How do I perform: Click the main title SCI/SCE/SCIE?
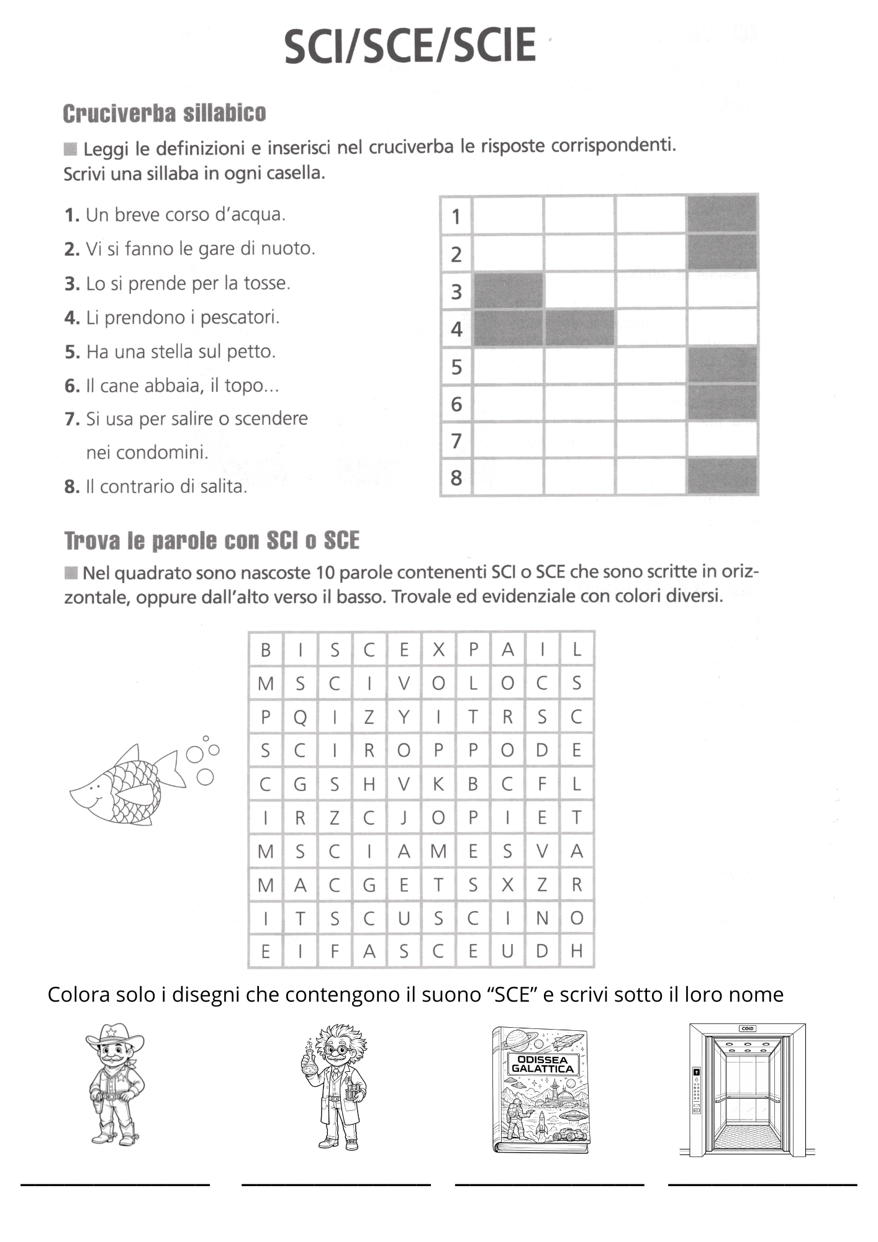[x=410, y=45]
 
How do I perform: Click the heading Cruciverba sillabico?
[x=165, y=114]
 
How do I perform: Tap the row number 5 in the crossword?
[x=456, y=367]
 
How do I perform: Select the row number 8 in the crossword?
[x=456, y=478]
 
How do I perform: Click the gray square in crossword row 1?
[x=722, y=215]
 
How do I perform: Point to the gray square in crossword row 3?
[x=508, y=291]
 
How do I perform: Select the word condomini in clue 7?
[x=147, y=453]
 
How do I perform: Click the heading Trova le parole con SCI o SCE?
[x=212, y=541]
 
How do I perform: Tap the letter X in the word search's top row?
[x=438, y=650]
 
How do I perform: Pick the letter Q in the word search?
[x=300, y=717]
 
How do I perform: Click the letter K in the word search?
[x=438, y=784]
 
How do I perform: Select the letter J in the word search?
[x=404, y=818]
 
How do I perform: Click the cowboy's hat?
[x=114, y=1035]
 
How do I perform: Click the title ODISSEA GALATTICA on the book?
[x=542, y=1064]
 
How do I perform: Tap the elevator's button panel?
[x=697, y=1089]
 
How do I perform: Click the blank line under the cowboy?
[x=115, y=1184]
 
